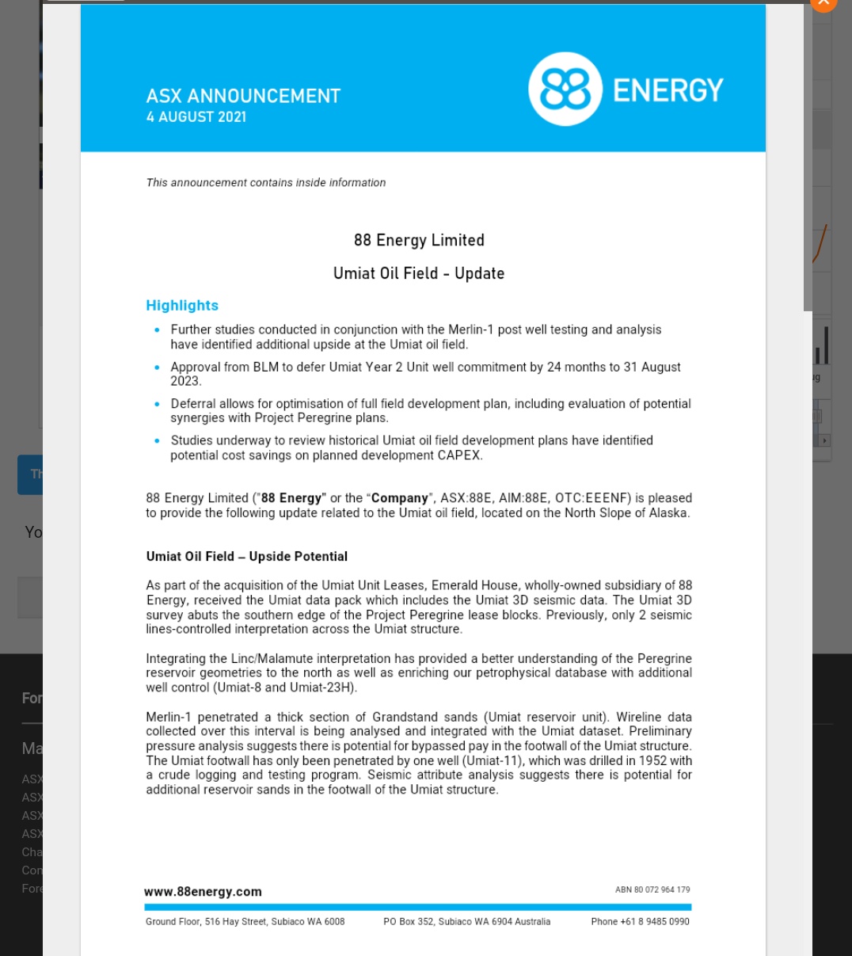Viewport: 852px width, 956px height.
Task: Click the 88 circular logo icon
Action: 565,90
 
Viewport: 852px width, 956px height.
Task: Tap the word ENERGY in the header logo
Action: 668,90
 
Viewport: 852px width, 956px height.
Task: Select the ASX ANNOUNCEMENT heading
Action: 243,96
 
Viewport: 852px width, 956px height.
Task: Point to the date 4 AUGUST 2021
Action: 196,117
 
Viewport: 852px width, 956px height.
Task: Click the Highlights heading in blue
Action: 182,306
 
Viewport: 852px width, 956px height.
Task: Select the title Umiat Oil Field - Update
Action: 419,273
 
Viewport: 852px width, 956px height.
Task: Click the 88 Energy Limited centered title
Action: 419,240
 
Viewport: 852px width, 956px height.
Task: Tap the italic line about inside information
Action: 266,183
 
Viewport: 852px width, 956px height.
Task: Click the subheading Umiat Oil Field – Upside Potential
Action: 247,557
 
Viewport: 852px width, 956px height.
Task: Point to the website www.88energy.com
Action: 203,892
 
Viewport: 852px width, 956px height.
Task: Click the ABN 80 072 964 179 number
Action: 652,890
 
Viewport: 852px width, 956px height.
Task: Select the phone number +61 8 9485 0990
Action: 640,922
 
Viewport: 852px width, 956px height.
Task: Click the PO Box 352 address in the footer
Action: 466,922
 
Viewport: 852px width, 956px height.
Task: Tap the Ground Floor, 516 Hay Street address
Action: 245,922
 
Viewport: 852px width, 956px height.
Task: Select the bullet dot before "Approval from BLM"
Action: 157,368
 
